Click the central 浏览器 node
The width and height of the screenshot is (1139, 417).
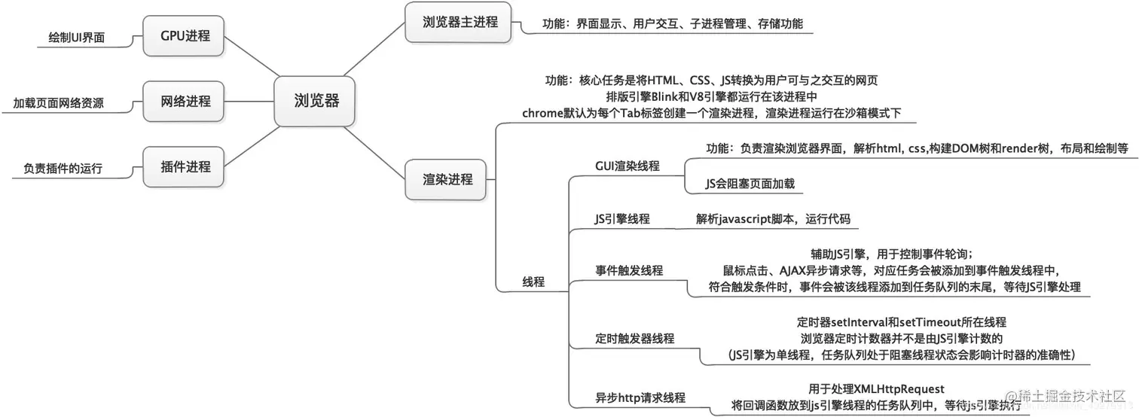point(316,101)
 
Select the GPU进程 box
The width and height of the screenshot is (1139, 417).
point(185,35)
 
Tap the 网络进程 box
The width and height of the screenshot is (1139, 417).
point(185,101)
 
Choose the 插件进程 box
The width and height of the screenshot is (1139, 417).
point(185,166)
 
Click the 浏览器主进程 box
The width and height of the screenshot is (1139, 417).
point(450,22)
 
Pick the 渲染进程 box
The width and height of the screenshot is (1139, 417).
point(447,179)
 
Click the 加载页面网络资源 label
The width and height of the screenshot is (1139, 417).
point(58,103)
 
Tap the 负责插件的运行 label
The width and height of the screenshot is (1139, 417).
point(58,169)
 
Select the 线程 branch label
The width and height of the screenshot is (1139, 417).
point(533,282)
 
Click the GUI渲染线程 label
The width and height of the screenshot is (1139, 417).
point(627,166)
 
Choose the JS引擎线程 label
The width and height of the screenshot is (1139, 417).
point(622,219)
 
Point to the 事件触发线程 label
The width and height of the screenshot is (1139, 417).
point(629,270)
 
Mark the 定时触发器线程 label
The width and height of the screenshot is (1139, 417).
point(635,339)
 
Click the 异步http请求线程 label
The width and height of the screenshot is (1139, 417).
point(640,397)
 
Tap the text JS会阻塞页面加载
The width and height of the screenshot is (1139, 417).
point(750,183)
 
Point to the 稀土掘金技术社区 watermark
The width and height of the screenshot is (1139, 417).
point(1071,397)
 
